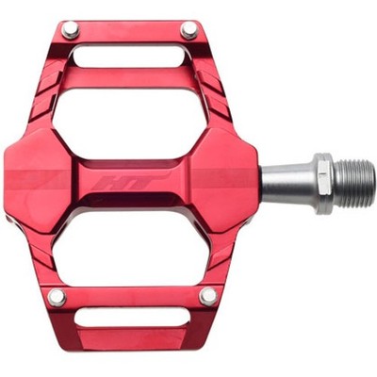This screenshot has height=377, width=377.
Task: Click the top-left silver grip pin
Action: click(71, 29)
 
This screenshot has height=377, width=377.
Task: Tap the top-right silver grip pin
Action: click(189, 30)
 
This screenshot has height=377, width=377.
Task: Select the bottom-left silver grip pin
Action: click(57, 297)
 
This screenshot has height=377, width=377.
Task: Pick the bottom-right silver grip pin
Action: click(208, 296)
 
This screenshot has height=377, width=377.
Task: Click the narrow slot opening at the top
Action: click(130, 57)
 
